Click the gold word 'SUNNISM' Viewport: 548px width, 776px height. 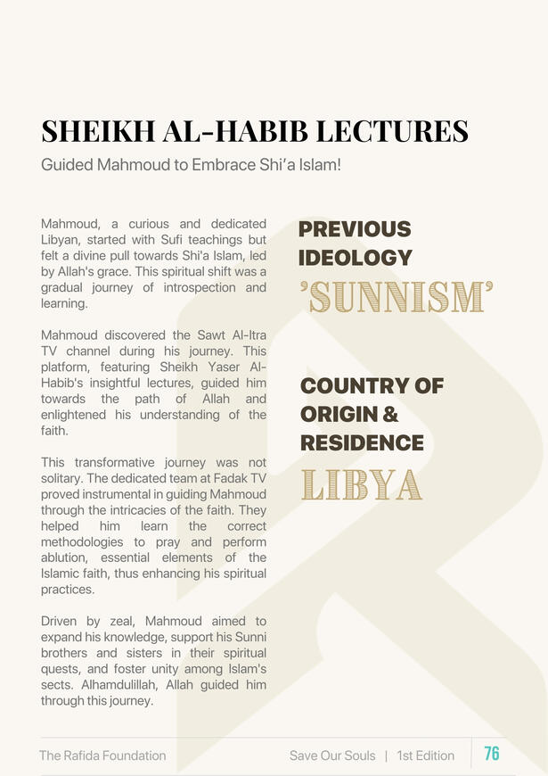pyautogui.click(x=397, y=296)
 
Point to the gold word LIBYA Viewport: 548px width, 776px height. pyautogui.click(x=361, y=483)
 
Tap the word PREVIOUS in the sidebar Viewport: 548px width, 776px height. pyautogui.click(x=355, y=229)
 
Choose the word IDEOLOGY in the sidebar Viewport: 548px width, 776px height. pyautogui.click(x=356, y=258)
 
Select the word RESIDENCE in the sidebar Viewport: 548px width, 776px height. pyautogui.click(x=362, y=442)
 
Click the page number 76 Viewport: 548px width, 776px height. pyautogui.click(x=492, y=754)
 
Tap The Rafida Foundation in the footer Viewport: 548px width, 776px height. pyautogui.click(x=102, y=755)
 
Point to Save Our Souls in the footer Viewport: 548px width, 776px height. pyautogui.click(x=332, y=755)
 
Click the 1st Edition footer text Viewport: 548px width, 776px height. pyautogui.click(x=426, y=755)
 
